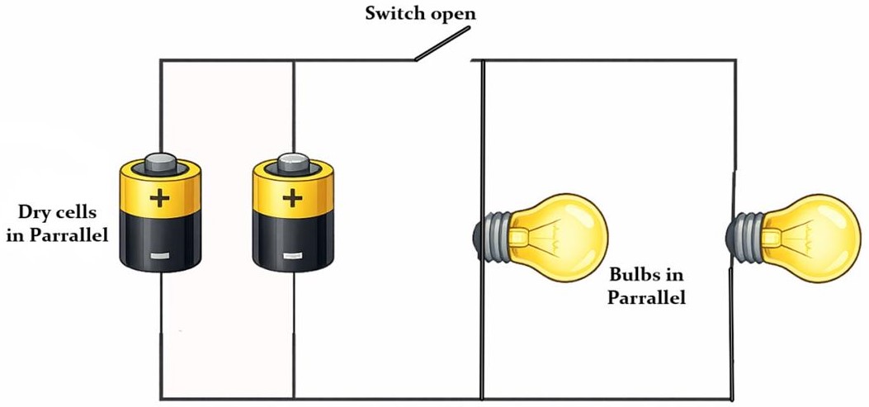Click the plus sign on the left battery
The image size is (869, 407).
159,199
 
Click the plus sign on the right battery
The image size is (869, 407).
291,198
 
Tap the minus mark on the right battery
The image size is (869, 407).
290,257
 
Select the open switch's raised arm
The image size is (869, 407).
442,45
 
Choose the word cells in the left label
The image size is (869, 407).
79,214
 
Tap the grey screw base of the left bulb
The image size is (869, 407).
494,235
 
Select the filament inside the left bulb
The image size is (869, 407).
536,234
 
